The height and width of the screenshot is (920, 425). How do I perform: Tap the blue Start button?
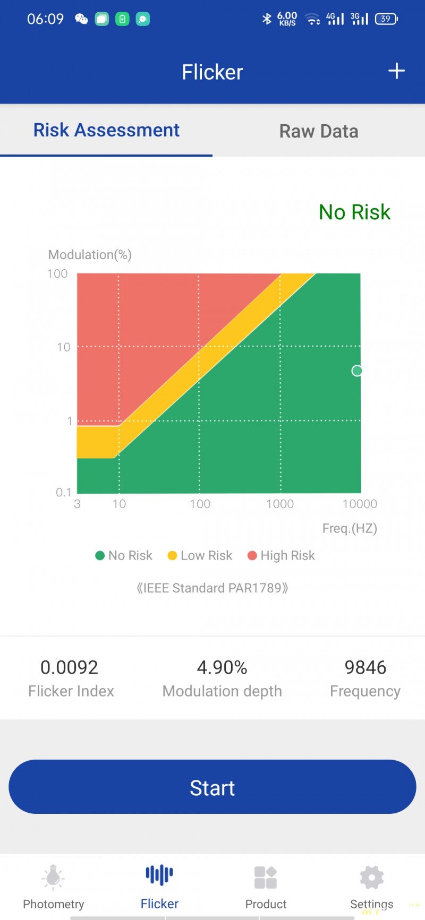pyautogui.click(x=212, y=787)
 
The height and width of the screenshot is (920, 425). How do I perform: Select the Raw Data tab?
pyautogui.click(x=319, y=131)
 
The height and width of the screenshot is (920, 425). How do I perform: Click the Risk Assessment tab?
pyautogui.click(x=106, y=130)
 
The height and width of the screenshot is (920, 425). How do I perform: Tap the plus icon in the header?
pyautogui.click(x=396, y=71)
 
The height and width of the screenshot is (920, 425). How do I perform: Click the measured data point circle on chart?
pyautogui.click(x=357, y=371)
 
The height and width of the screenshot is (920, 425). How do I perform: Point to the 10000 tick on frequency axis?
pyautogui.click(x=360, y=504)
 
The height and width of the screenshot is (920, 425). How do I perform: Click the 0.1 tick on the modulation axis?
pyautogui.click(x=63, y=492)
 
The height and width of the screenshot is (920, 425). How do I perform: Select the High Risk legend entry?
pyautogui.click(x=282, y=555)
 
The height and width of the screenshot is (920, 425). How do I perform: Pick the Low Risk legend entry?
pyautogui.click(x=200, y=555)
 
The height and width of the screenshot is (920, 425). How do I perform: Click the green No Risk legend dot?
pyautogui.click(x=99, y=556)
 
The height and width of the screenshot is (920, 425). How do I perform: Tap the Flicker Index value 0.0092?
pyautogui.click(x=70, y=667)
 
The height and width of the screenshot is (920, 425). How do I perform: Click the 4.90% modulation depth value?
pyautogui.click(x=222, y=667)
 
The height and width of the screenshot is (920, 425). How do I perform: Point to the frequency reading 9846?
pyautogui.click(x=365, y=667)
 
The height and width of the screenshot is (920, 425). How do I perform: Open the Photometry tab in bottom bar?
pyautogui.click(x=53, y=887)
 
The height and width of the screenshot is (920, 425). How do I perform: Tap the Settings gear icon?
pyautogui.click(x=371, y=878)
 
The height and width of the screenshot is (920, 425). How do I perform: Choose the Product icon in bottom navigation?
pyautogui.click(x=266, y=878)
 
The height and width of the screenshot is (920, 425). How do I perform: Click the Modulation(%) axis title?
pyautogui.click(x=90, y=255)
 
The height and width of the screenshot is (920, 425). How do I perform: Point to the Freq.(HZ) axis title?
pyautogui.click(x=350, y=528)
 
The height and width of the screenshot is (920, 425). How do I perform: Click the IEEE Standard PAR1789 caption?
pyautogui.click(x=212, y=588)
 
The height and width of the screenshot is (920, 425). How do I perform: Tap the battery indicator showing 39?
pyautogui.click(x=386, y=19)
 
